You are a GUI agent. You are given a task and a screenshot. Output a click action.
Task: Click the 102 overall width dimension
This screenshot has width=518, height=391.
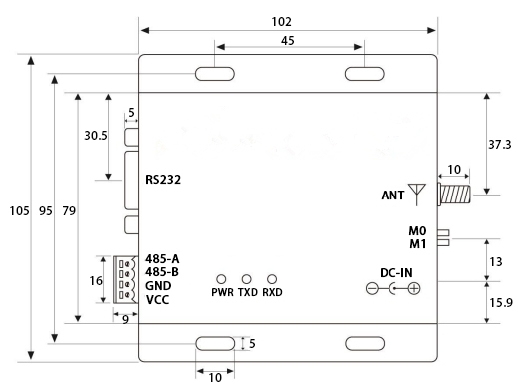click(281, 22)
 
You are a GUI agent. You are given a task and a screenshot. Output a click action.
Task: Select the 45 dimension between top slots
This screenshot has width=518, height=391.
click(287, 41)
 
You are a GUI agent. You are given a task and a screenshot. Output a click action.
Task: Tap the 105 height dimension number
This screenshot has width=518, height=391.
click(19, 211)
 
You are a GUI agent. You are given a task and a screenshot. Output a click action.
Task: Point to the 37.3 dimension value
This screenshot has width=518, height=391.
click(499, 145)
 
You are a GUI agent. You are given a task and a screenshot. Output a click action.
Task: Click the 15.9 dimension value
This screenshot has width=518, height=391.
click(501, 303)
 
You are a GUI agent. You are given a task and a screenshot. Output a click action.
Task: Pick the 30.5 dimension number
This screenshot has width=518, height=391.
click(96, 136)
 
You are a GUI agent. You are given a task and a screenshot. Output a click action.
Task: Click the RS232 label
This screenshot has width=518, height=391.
click(163, 180)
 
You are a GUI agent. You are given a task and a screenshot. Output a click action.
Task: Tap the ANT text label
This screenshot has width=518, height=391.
click(392, 195)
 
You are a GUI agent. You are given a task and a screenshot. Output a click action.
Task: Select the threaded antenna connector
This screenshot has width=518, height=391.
click(454, 195)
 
